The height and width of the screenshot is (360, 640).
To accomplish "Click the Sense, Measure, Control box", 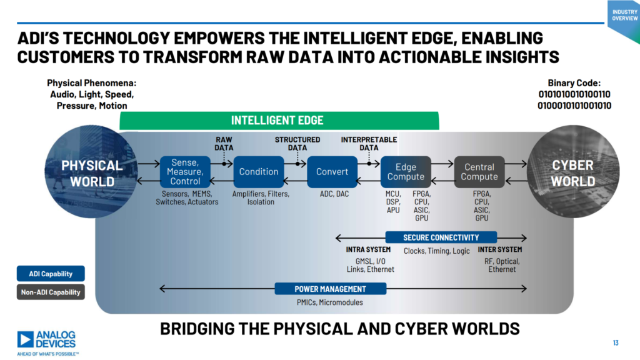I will (x=186, y=172).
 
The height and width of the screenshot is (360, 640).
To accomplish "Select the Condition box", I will (x=259, y=172).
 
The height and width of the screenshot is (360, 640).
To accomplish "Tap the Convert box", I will (x=332, y=172).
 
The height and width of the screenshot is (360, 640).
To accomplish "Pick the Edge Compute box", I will (x=406, y=172).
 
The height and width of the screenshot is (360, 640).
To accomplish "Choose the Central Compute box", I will (x=479, y=172).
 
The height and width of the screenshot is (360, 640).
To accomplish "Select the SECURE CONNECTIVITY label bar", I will (x=441, y=237).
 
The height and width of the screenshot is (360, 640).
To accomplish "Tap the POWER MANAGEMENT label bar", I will (x=331, y=289).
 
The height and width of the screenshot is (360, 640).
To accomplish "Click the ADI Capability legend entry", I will (x=51, y=274).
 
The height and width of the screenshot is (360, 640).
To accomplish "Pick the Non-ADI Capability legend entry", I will (x=51, y=292).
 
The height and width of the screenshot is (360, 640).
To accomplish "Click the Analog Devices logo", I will (x=47, y=340).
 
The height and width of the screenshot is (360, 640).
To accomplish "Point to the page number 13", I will (x=615, y=342).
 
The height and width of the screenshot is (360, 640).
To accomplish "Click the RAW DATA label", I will (x=224, y=144).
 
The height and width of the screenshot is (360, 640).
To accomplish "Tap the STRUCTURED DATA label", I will (x=297, y=144).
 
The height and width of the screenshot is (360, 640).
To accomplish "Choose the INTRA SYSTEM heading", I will (x=368, y=250).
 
